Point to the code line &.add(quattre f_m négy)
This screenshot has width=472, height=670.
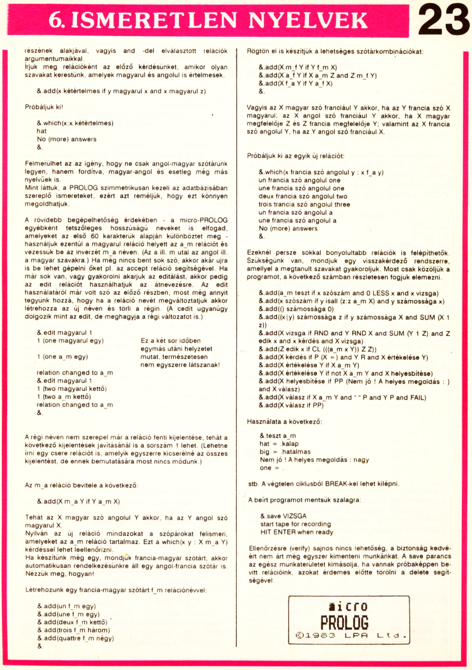76,638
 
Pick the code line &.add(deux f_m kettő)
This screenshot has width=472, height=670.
72,622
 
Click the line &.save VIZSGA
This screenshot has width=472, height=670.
283,516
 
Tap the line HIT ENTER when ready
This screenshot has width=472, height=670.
296,532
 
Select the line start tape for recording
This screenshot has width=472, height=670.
295,524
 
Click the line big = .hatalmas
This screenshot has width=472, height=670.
285,451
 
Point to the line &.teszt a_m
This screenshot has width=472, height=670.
278,436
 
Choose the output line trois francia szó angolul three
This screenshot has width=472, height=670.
304,204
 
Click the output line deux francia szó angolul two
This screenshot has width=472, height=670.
303,196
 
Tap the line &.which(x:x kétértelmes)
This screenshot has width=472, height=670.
75,123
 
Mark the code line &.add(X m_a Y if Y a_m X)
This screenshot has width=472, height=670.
78,501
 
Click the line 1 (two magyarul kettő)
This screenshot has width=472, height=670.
72,389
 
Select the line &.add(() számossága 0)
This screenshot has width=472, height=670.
296,309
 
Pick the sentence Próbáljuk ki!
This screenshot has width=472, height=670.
44,107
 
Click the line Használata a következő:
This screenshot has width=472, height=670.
284,421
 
